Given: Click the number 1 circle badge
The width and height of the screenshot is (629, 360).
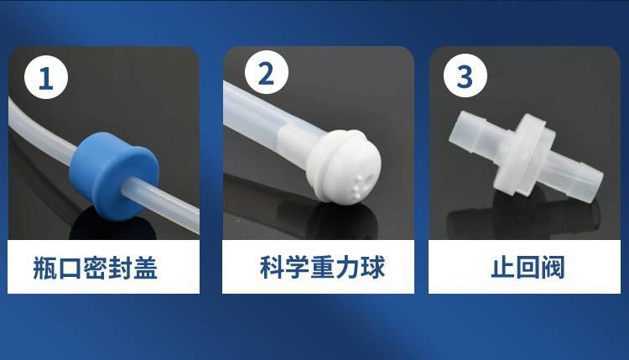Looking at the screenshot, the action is tap(46, 77).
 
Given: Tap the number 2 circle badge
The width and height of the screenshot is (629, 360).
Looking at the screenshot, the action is tap(267, 73).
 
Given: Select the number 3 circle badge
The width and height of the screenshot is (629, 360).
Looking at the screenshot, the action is tap(465, 76).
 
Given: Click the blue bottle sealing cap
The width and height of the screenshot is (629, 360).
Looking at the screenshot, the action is tap(114, 174).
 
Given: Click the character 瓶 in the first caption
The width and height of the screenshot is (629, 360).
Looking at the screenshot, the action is tap(45, 268).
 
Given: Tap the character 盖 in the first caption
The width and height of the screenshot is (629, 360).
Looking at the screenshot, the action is tap(145, 268).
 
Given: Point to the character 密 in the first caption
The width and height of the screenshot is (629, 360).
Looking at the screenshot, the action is tap(95, 268).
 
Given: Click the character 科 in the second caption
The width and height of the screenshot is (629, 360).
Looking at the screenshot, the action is tap(273, 267).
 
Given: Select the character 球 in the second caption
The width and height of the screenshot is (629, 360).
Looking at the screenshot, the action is tap(372, 267).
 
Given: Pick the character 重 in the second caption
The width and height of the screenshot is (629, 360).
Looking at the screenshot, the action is tap(323, 267).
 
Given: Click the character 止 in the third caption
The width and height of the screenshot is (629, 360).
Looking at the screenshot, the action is tap(503, 267).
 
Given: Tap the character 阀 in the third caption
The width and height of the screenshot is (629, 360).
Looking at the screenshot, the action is tap(553, 267).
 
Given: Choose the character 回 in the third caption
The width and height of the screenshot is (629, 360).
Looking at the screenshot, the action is tap(528, 267).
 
